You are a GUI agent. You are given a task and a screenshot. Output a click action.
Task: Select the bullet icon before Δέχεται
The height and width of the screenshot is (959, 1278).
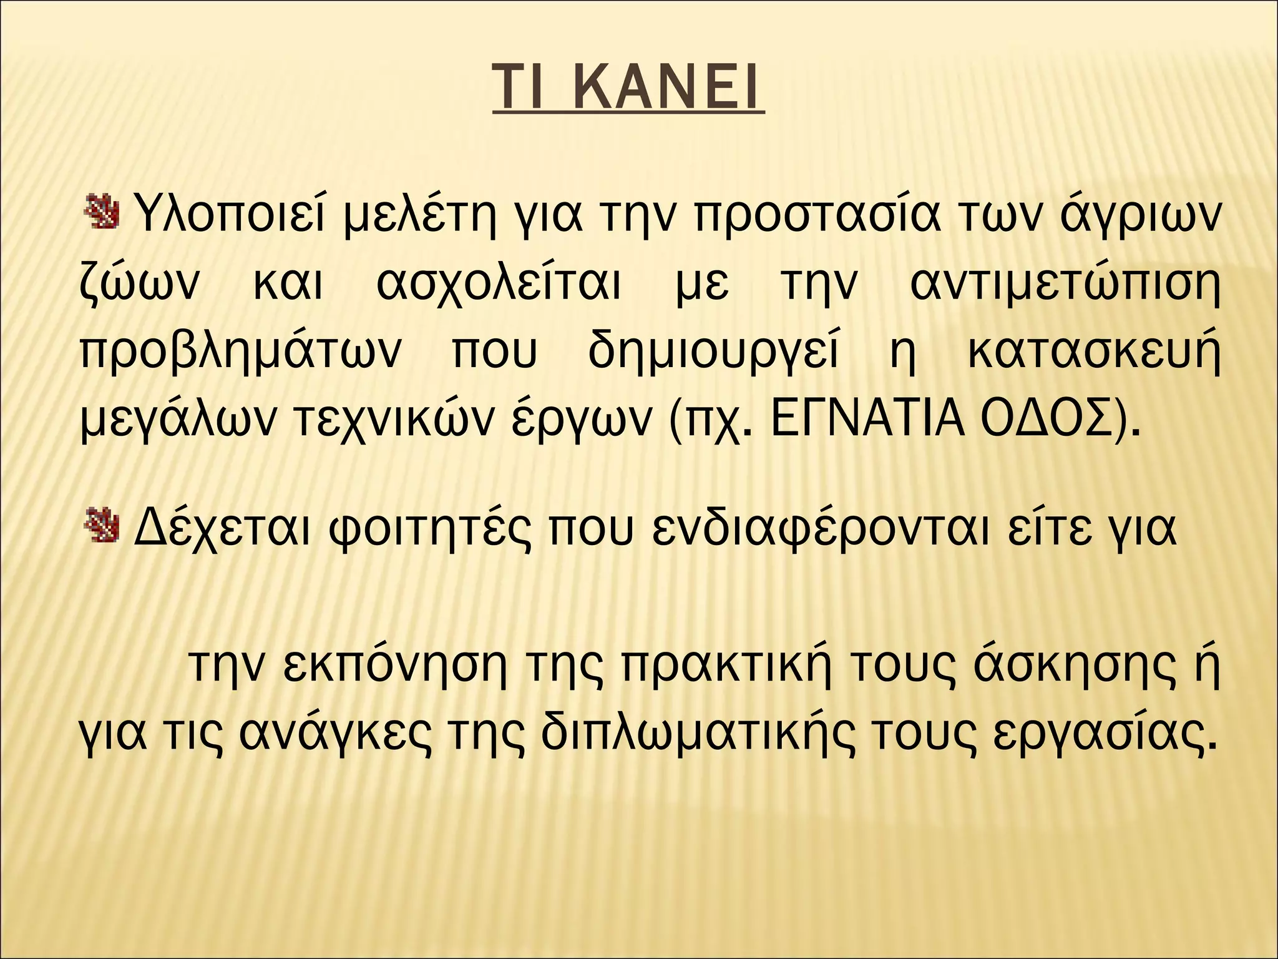[100, 523]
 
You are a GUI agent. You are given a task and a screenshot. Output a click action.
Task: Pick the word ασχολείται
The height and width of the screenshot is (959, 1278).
[499, 285]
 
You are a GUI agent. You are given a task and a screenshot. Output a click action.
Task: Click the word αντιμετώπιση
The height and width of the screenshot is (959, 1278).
[1065, 285]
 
